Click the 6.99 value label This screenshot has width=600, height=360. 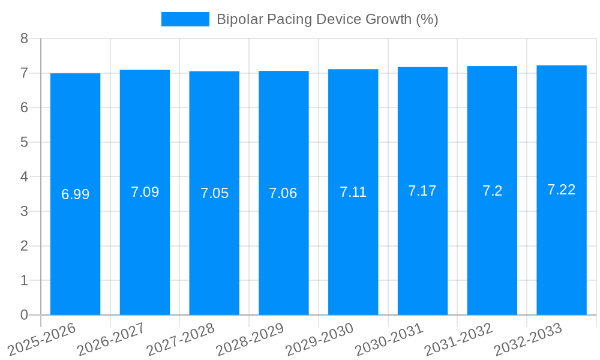coord(75,194)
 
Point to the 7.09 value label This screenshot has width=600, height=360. coord(145,192)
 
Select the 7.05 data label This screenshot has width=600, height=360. coord(214,193)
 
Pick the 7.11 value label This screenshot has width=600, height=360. coord(353,192)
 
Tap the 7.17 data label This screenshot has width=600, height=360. coord(422,191)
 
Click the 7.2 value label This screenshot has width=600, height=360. coord(492,191)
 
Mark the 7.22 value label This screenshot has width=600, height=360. coord(562,190)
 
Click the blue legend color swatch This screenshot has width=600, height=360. coord(185,19)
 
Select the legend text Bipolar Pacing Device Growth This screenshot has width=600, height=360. coord(327,19)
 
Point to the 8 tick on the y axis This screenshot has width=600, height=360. coord(25,38)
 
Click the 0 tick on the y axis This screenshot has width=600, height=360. coord(25,315)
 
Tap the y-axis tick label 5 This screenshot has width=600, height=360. coord(25,142)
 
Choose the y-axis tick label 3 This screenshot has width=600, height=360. coord(25,211)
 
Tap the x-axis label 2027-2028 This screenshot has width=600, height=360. coord(181,339)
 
